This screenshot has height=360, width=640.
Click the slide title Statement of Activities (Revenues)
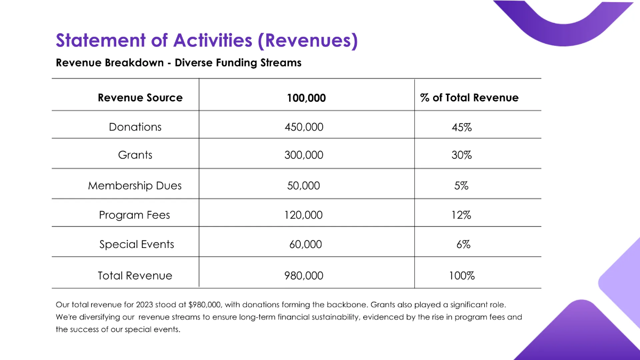206,41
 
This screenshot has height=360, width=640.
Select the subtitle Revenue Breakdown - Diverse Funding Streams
179,63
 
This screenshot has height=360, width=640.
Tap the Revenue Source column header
140,98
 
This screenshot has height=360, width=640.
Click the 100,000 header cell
306,98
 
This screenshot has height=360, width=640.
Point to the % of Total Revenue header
469,98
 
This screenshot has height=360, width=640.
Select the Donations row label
135,127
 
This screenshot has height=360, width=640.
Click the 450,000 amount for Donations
304,127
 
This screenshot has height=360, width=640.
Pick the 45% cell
461,128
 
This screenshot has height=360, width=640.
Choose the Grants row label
135,155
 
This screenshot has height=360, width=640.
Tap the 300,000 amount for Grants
304,155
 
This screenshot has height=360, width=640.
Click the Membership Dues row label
135,186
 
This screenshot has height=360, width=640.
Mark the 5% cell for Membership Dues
461,186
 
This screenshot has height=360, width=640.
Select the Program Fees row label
134,215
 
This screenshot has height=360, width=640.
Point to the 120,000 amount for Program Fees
303,215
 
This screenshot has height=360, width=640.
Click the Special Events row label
137,244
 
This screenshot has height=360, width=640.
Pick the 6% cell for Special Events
463,245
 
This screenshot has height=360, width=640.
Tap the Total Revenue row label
135,276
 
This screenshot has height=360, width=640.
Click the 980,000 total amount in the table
304,276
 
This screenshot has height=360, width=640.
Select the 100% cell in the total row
462,276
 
